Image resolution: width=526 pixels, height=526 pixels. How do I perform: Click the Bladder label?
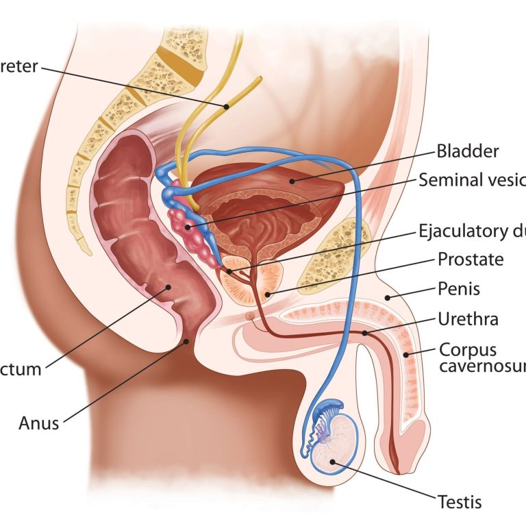[468, 151]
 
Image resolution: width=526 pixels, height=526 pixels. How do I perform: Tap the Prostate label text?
[471, 260]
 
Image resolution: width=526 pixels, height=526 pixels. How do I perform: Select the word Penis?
[459, 289]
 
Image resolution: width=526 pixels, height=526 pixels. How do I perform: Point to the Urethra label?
[468, 319]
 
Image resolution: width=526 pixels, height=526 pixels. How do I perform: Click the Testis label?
[459, 502]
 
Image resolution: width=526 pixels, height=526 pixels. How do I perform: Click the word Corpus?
[468, 349]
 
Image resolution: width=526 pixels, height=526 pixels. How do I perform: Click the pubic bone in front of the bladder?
[335, 253]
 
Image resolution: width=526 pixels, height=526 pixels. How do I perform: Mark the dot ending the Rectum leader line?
[166, 288]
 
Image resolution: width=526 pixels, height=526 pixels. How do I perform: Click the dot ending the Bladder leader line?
[290, 181]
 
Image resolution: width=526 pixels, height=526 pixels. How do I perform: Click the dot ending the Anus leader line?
[186, 340]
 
